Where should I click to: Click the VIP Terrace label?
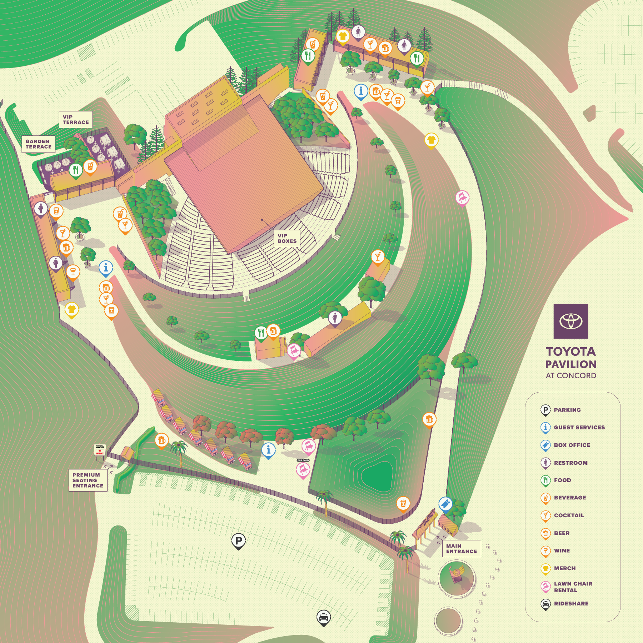click(76, 120)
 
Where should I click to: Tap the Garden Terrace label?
click(39, 144)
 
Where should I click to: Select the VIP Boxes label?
click(287, 238)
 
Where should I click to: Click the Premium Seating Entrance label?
click(88, 480)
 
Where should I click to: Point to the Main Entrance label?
click(461, 548)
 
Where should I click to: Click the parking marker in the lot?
click(238, 541)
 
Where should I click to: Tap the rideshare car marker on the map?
click(323, 617)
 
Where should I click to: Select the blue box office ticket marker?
click(445, 504)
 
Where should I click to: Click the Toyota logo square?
click(570, 321)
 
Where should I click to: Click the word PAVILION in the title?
click(570, 364)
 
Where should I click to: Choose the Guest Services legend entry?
click(579, 427)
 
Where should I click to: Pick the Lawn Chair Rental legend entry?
click(573, 587)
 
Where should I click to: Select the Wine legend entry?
click(562, 550)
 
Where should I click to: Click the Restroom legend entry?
click(570, 463)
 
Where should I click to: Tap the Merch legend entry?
click(564, 568)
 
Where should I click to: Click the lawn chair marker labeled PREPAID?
click(303, 469)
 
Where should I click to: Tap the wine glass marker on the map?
click(73, 271)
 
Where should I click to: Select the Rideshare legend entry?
click(571, 603)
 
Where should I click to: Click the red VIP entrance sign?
click(100, 450)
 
